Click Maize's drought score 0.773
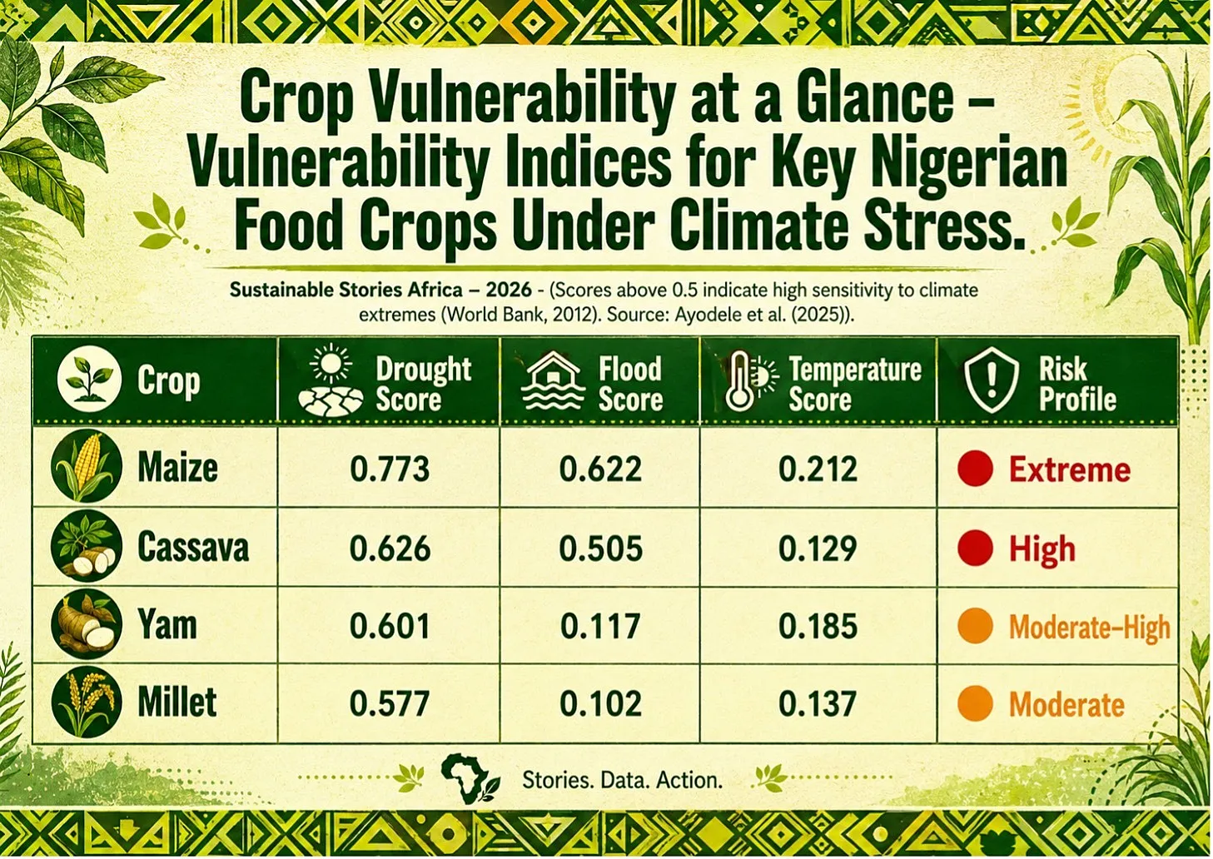click(390, 469)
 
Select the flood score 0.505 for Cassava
click(600, 549)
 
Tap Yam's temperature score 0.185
click(818, 626)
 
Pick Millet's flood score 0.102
click(600, 703)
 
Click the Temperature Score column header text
click(854, 385)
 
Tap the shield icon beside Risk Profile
click(991, 381)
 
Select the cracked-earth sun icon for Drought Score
click(331, 381)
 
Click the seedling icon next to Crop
click(89, 378)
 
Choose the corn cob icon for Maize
click(87, 466)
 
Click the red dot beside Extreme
click(975, 469)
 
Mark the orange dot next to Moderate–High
click(975, 626)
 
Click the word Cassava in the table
click(193, 547)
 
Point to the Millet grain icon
click(87, 703)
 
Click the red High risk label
click(1041, 549)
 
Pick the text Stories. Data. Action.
click(622, 780)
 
